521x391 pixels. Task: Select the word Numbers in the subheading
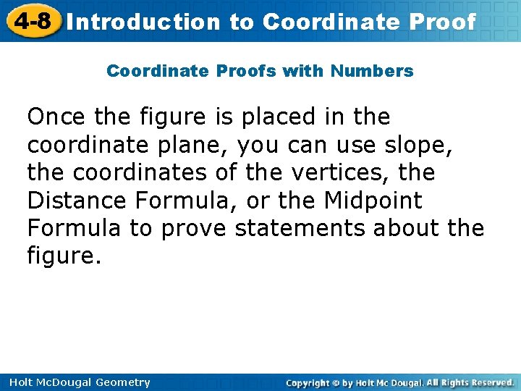coord(372,71)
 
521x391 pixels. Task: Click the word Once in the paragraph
coord(57,117)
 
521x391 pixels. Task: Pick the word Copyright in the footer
coord(308,382)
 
